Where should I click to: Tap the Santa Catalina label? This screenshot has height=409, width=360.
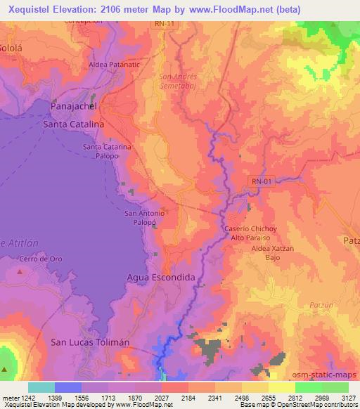point(73,124)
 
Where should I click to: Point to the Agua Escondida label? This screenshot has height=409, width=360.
point(160,278)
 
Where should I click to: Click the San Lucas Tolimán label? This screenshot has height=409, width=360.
point(91,342)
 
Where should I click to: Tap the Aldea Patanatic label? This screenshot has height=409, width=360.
point(115,65)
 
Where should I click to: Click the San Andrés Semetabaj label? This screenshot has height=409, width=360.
point(179,80)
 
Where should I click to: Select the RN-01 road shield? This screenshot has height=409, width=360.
point(261,181)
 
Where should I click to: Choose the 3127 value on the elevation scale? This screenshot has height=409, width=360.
point(347,397)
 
